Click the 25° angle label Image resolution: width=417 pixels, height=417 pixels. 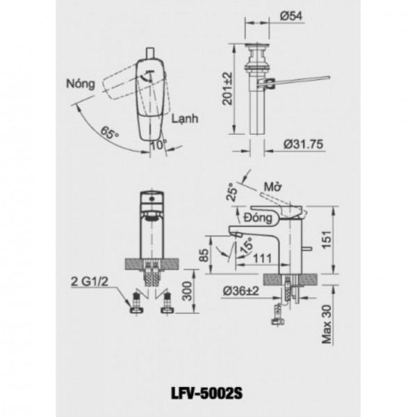232,192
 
